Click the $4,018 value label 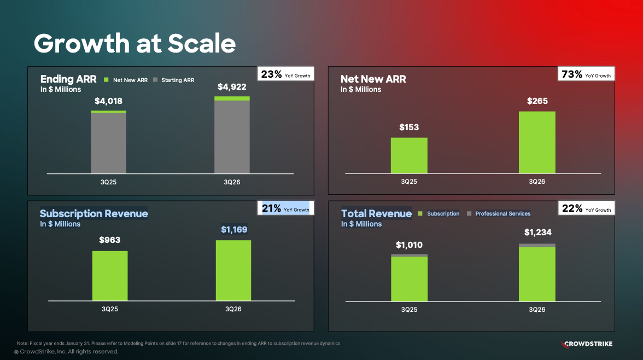108,101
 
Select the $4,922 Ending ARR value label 232,87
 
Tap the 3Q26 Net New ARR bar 537,142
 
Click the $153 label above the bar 409,127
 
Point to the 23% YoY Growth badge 285,74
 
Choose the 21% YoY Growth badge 285,208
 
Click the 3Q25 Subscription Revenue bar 110,276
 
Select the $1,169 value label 233,230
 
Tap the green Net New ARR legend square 108,80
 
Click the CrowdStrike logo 587,344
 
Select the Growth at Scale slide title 135,43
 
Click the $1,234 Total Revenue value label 537,233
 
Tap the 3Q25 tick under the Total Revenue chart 409,310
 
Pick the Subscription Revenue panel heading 94,213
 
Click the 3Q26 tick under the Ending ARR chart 232,182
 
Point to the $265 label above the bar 537,101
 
